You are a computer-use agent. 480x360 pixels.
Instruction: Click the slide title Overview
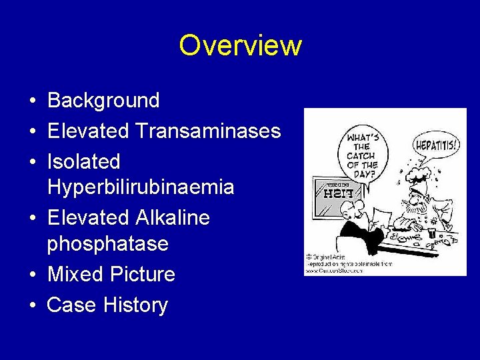pos(240,45)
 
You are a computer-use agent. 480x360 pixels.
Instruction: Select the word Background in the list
pos(103,101)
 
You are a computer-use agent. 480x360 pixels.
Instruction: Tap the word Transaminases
pos(208,131)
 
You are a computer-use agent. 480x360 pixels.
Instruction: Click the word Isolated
pos(84,161)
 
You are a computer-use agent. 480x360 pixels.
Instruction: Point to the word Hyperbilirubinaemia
pos(141,187)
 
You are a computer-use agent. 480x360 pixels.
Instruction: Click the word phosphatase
pos(107,244)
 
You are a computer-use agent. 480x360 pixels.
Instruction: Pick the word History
pos(136,305)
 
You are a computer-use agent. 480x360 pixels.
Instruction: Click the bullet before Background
pos(32,101)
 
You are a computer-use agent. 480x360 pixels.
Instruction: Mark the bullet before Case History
pos(32,306)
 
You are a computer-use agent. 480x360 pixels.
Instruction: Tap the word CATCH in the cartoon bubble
pos(361,156)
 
